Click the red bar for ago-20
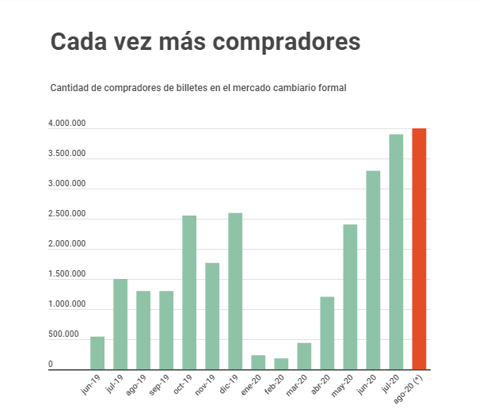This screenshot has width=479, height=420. coord(420,248)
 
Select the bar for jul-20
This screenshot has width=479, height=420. coord(397,251)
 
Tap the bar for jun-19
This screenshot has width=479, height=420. coord(97,353)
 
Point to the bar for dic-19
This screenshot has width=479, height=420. coord(235,291)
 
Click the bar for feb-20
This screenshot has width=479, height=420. coord(281,363)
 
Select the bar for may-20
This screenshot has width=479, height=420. coord(351,296)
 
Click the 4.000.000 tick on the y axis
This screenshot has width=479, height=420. coord(67,124)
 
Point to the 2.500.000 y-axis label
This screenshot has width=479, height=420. coord(67,214)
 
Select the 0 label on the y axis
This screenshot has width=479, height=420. coord(51,365)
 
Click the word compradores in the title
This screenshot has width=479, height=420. coord(281,42)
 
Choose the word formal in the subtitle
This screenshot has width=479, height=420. coord(333,87)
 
